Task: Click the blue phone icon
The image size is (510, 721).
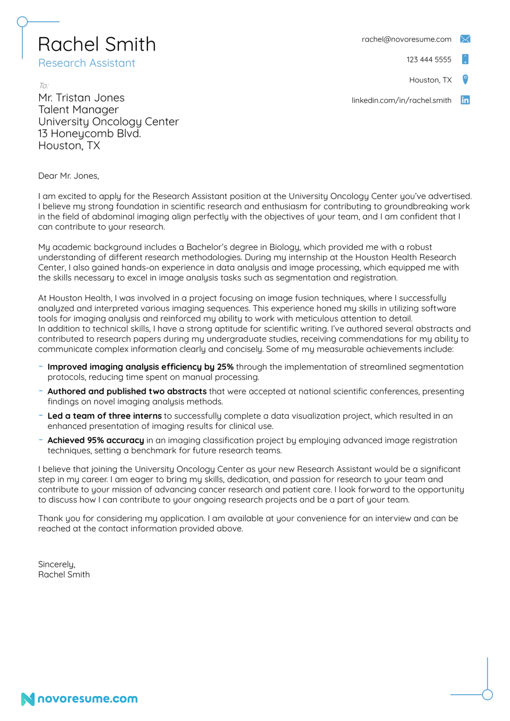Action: coord(465,59)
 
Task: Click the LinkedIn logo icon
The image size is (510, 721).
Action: coord(465,100)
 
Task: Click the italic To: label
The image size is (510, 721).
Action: coord(43,86)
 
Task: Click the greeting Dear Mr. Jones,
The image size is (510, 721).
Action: coord(69,176)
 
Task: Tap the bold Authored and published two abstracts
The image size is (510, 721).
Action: coord(127,391)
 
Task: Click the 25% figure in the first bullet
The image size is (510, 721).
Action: coord(225,367)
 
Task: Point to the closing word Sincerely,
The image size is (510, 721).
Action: coord(57,564)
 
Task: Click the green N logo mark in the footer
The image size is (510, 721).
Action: coord(28,699)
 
